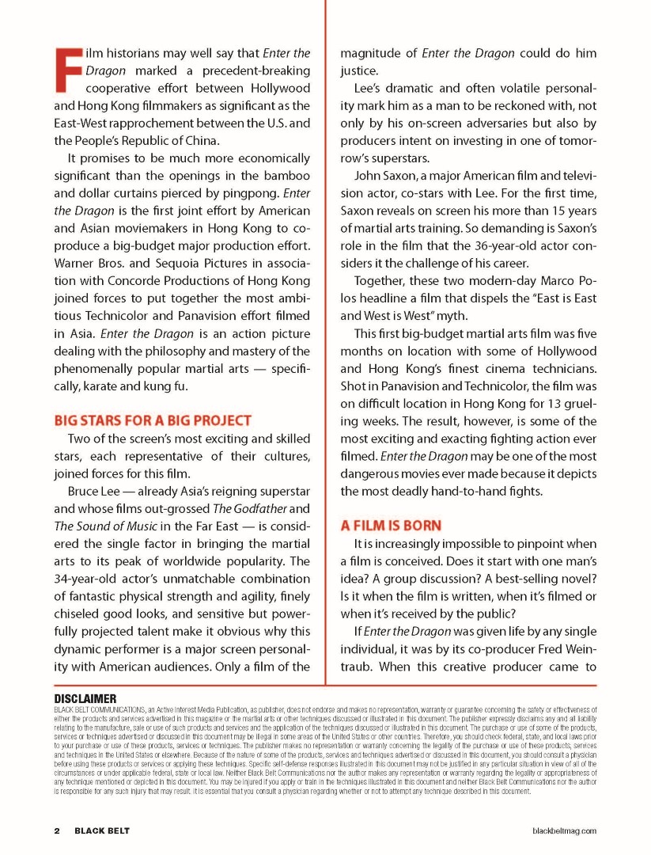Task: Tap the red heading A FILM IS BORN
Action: coord(391,525)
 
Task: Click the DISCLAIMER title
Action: coord(85,698)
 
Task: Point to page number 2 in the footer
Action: coord(57,830)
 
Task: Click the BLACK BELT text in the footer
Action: coord(102,830)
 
